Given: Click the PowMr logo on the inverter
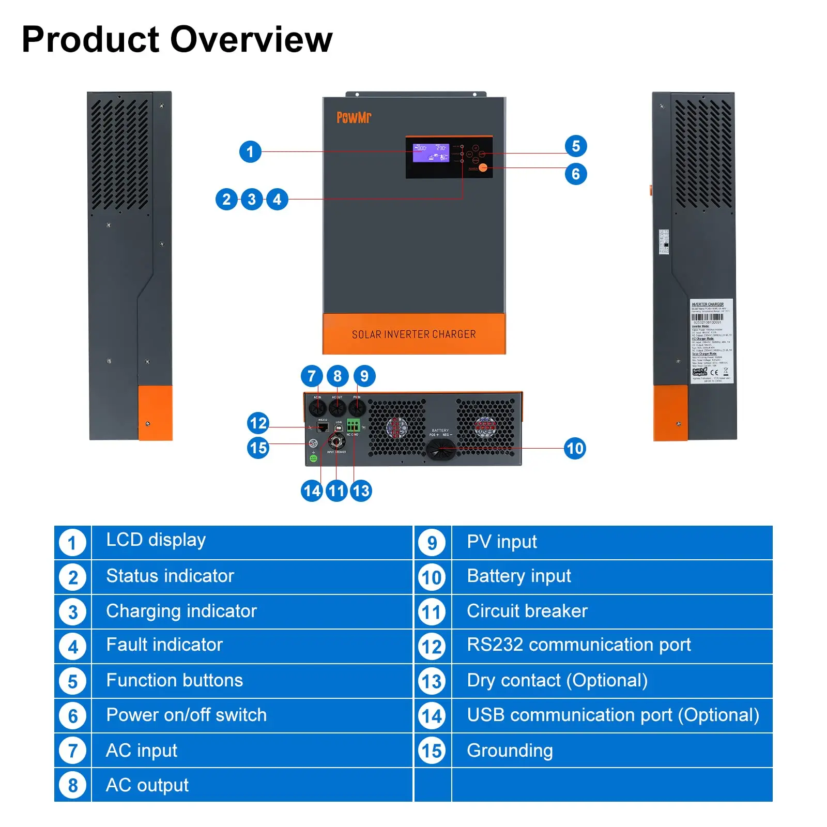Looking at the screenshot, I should click(354, 118).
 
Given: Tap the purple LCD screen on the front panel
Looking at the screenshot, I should click(431, 152).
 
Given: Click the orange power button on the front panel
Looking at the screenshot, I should click(483, 167).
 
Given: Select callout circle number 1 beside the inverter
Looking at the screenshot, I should click(250, 151).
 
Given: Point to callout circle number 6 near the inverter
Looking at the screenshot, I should click(575, 174).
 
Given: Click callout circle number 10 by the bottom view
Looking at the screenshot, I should click(575, 448).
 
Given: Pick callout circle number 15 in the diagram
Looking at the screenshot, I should click(258, 448).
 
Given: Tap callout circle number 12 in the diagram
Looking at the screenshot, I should click(258, 423).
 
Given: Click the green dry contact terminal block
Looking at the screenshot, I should click(353, 425).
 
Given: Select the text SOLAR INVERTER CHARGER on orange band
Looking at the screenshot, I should click(413, 334).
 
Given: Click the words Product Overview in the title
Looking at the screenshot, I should click(177, 39).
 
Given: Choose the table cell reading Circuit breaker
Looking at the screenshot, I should click(527, 611).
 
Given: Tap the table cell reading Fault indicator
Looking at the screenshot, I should click(164, 645).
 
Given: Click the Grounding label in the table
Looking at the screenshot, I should click(510, 750).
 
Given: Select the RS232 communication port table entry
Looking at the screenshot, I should click(578, 645).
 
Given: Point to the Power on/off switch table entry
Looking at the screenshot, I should click(186, 715).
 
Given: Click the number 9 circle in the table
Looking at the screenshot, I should click(432, 543).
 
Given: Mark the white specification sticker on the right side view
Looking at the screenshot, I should click(711, 341).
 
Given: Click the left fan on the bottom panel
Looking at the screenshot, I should click(396, 428).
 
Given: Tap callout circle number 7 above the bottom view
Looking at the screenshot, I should click(311, 376).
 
